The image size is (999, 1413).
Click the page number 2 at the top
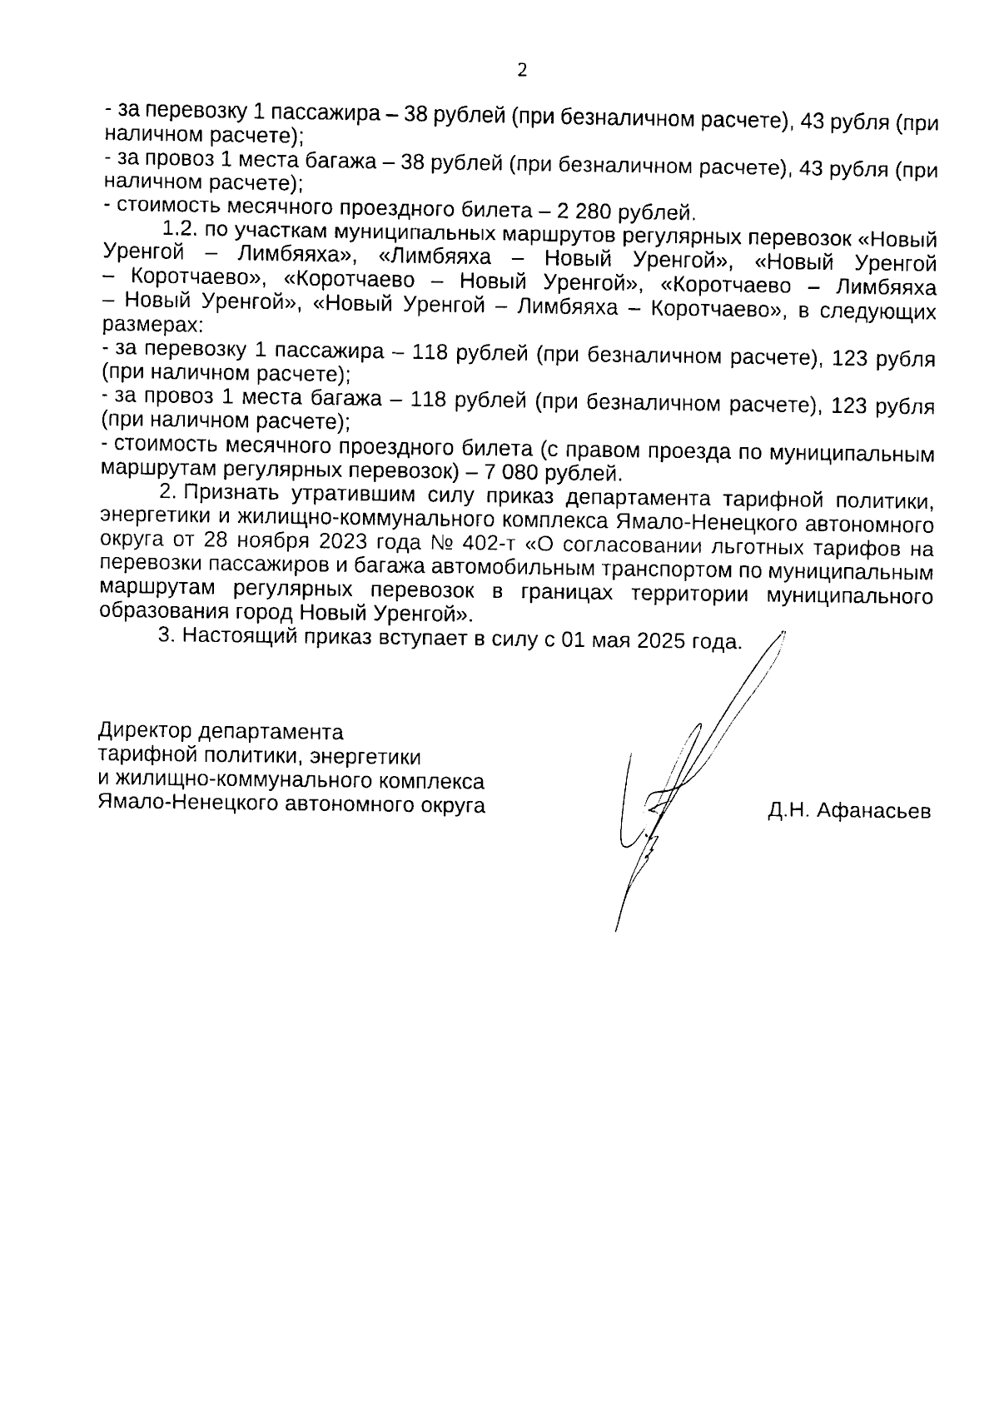click(522, 71)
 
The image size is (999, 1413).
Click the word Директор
click(144, 732)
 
